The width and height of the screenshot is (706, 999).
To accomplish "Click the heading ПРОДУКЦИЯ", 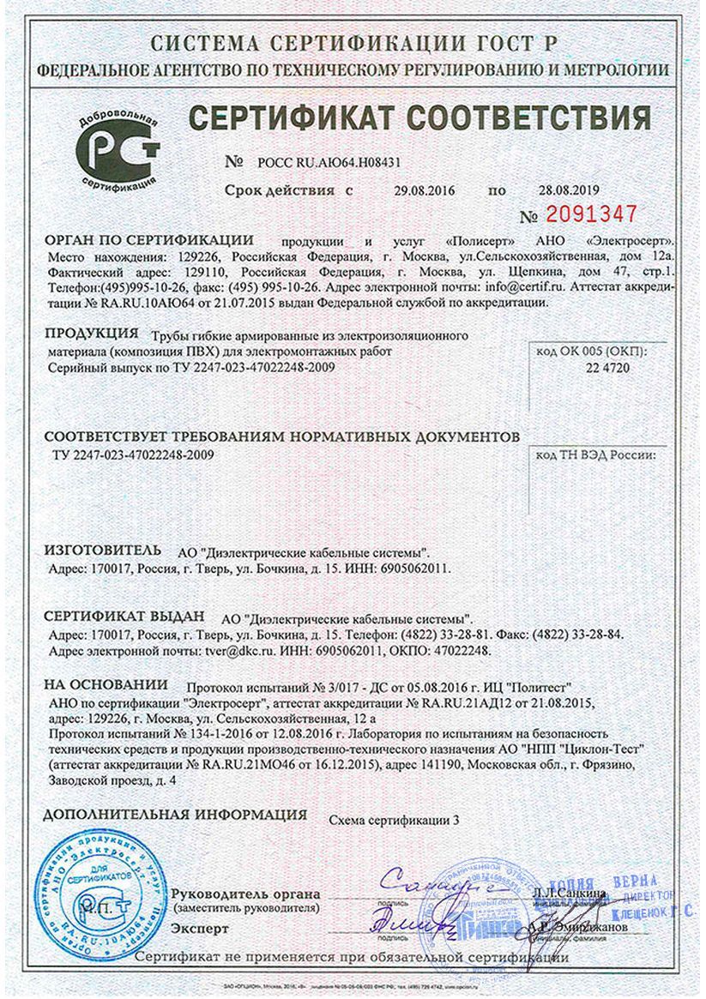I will pyautogui.click(x=91, y=332).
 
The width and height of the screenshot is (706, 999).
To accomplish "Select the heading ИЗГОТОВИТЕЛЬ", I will pyautogui.click(x=101, y=549).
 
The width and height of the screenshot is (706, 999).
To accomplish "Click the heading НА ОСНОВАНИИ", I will pyautogui.click(x=106, y=684).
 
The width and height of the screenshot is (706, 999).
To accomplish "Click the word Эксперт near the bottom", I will pyautogui.click(x=200, y=928).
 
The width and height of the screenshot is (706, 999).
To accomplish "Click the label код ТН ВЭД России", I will pyautogui.click(x=594, y=455).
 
